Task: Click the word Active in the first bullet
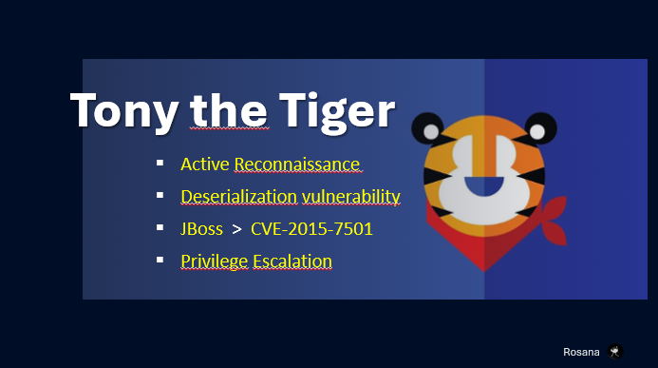(x=205, y=165)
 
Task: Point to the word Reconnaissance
(x=297, y=165)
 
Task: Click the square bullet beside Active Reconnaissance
(x=160, y=165)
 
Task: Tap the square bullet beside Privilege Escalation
(x=160, y=260)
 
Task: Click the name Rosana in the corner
(x=581, y=351)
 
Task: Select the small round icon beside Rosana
(x=616, y=351)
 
